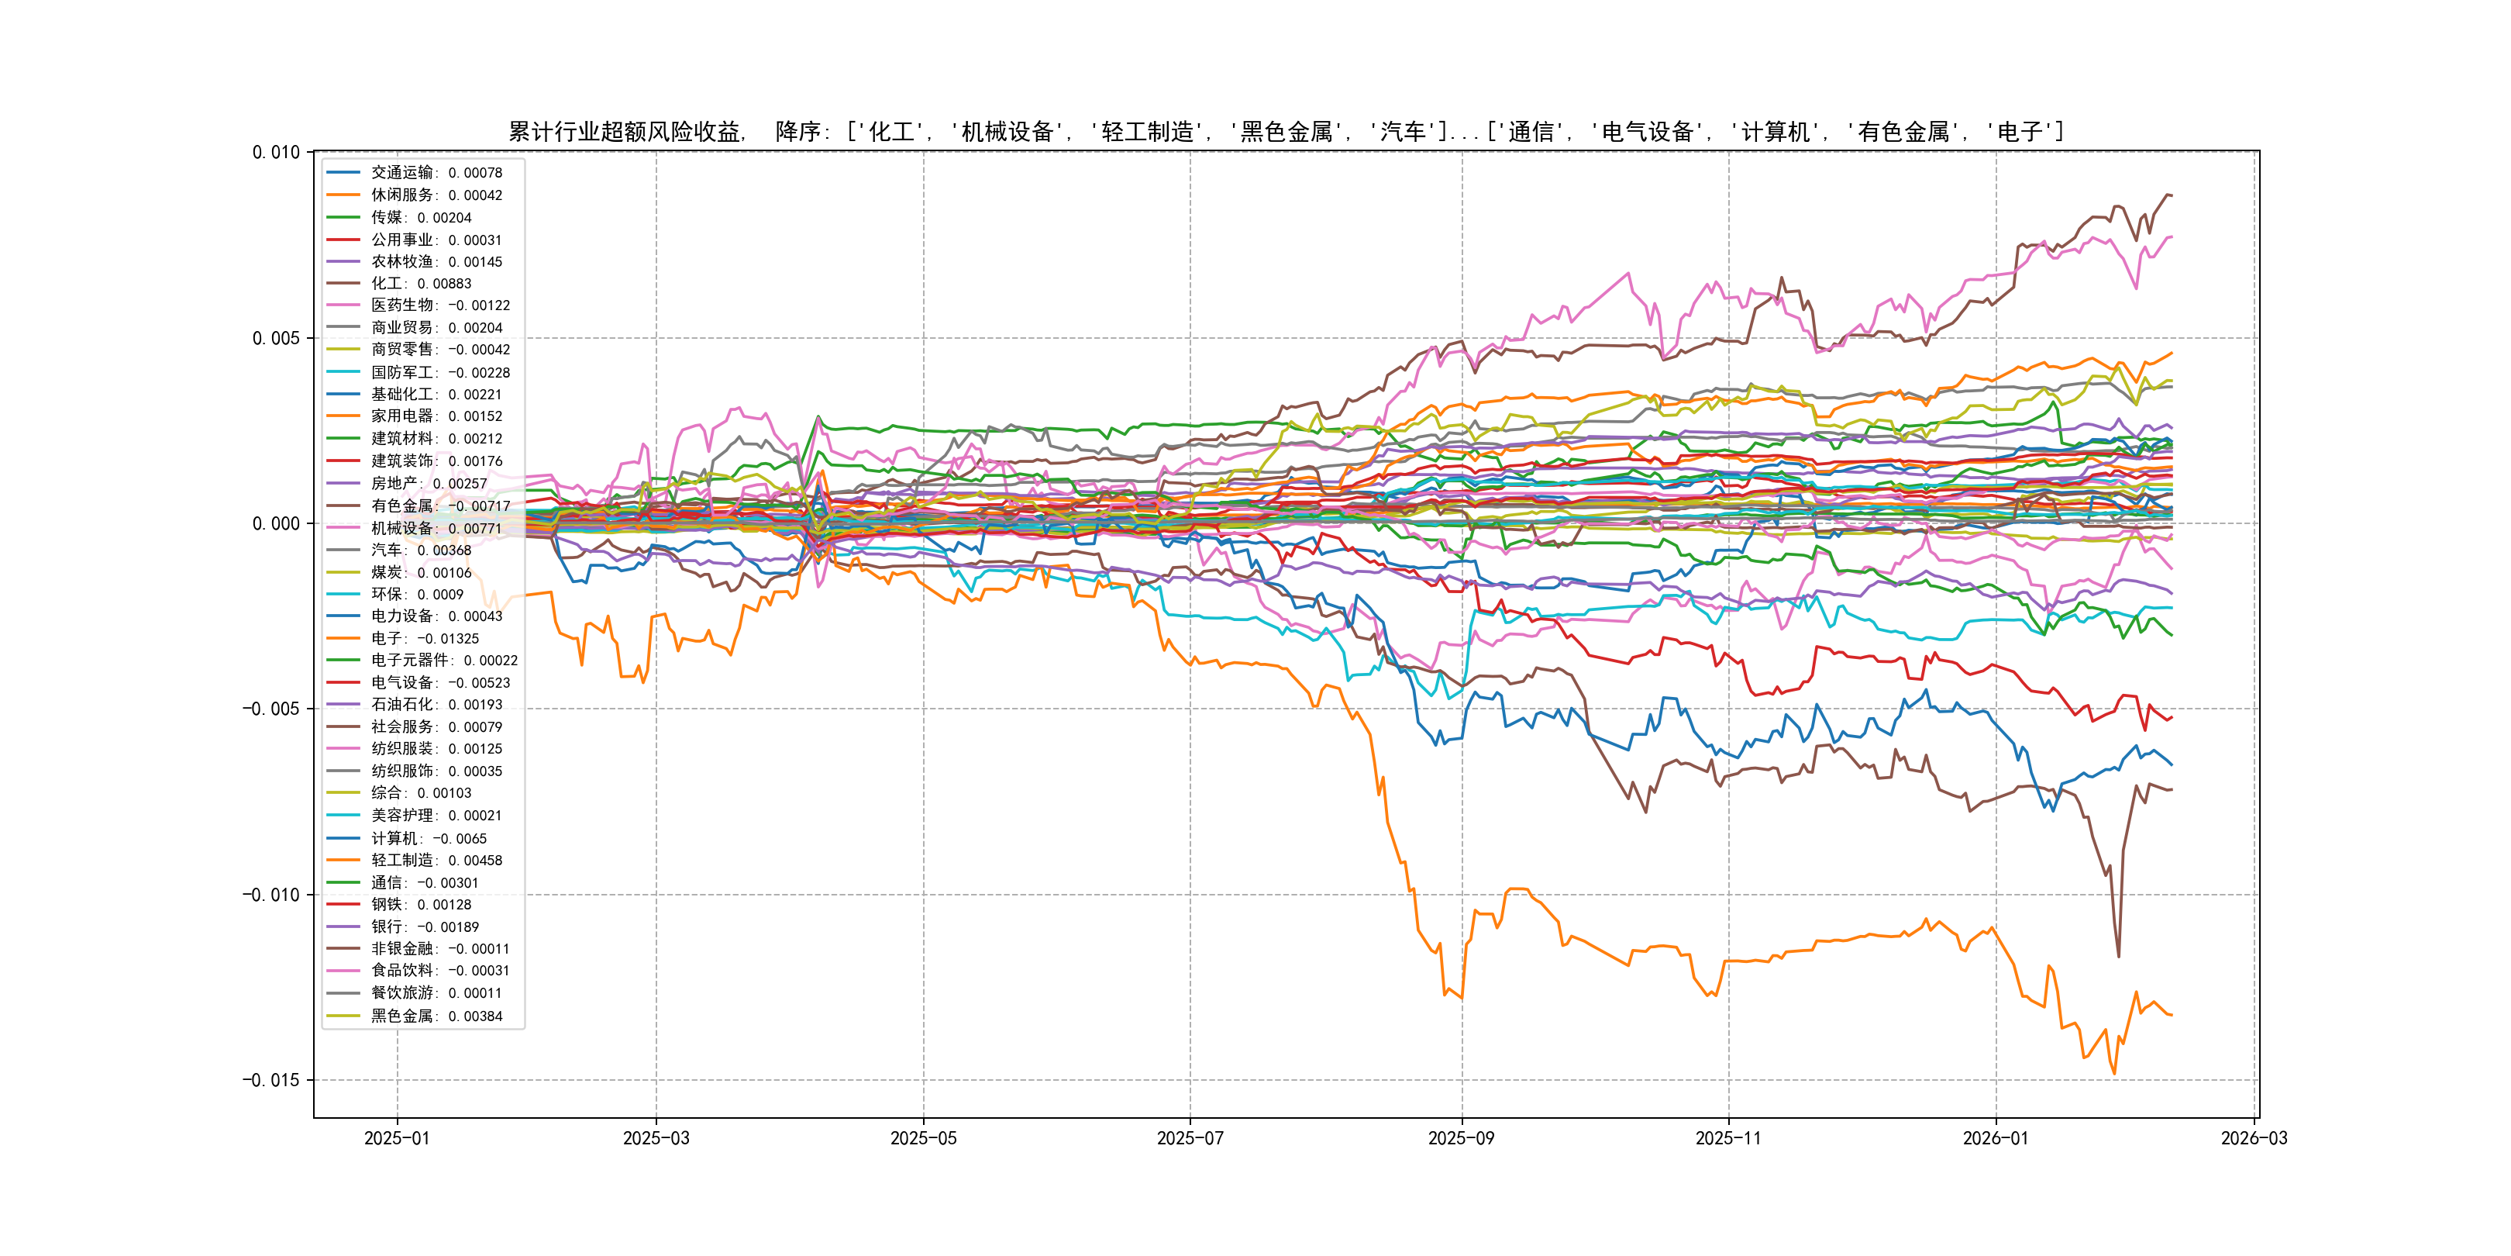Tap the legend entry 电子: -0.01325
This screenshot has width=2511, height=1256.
coord(424,639)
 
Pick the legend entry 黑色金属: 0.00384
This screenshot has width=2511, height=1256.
coord(436,1016)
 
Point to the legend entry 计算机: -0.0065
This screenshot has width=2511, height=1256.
coord(428,839)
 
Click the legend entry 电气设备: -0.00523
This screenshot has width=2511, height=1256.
coord(439,682)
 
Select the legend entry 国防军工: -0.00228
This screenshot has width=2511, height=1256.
coord(439,372)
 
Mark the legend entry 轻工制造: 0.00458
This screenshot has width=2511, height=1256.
coord(436,860)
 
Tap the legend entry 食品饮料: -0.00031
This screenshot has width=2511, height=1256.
coord(439,970)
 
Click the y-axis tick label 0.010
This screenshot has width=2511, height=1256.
coord(276,152)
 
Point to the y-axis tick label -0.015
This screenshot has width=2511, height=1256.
coord(271,1081)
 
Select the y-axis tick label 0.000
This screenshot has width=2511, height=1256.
coord(276,523)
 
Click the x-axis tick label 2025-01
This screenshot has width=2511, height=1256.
coord(397,1138)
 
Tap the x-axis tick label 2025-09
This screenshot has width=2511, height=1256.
coord(1461,1138)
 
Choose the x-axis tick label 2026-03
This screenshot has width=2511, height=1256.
coord(2254,1138)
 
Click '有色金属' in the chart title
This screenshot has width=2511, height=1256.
coord(1903,132)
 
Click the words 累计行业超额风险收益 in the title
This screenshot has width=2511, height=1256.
coord(625,132)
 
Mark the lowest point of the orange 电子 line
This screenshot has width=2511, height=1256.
coord(2113,1074)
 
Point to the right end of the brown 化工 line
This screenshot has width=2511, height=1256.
coord(2171,196)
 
